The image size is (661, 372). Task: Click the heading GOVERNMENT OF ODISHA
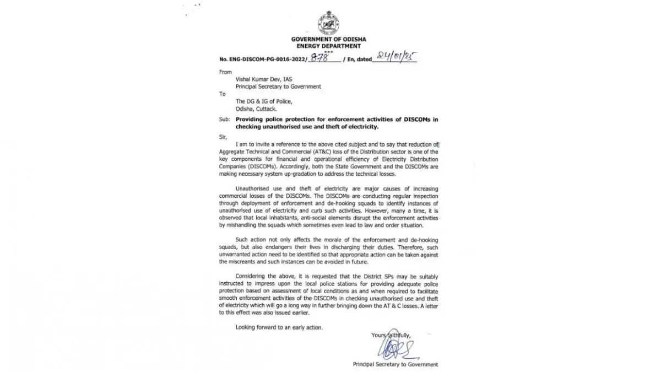pyautogui.click(x=328, y=40)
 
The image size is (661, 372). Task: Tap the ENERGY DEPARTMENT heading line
pyautogui.click(x=328, y=46)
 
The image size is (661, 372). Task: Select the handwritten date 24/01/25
pyautogui.click(x=396, y=57)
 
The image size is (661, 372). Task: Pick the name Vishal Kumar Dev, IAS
pyautogui.click(x=261, y=79)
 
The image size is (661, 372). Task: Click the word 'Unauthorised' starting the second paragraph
pyautogui.click(x=253, y=188)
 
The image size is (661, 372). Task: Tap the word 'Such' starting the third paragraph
pyautogui.click(x=242, y=241)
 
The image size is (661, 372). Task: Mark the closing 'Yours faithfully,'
pyautogui.click(x=391, y=335)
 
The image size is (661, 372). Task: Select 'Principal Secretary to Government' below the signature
pyautogui.click(x=395, y=364)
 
